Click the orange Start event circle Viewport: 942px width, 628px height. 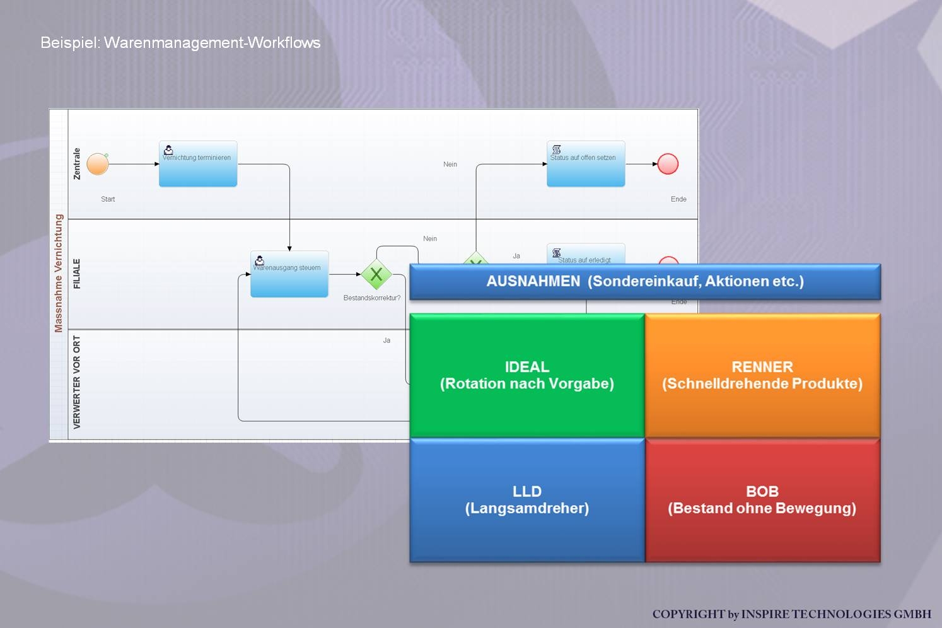pos(98,164)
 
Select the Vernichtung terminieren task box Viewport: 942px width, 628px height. pos(198,164)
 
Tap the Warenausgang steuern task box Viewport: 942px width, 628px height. pos(289,274)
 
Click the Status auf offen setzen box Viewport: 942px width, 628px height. pos(586,164)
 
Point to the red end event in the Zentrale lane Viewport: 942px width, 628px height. pos(668,164)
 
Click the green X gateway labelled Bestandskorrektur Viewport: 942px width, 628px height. pos(376,274)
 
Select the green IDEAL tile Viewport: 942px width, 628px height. pos(527,375)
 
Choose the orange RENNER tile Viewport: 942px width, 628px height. pos(762,375)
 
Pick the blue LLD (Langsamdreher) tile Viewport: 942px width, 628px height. pos(527,499)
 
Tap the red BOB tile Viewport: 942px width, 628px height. pos(762,499)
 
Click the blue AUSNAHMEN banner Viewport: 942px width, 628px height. pos(645,281)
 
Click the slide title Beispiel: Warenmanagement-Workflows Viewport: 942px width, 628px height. pos(180,43)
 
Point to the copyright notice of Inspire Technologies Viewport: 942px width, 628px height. pos(791,614)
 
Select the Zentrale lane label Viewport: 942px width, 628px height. pos(77,164)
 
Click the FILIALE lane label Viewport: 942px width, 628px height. pos(77,274)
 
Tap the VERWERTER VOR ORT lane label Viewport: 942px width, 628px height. pos(77,382)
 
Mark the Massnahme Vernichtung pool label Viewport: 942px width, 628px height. pos(59,273)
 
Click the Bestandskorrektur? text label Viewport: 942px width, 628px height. pos(372,298)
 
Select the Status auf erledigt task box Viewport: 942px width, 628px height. pos(586,253)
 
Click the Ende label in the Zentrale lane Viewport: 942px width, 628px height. pos(678,199)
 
